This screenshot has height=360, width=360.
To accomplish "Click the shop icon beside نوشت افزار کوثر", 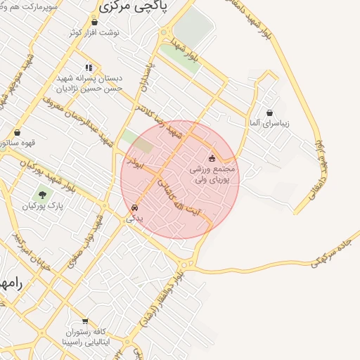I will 95,22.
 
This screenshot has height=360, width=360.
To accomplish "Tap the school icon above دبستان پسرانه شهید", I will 89,68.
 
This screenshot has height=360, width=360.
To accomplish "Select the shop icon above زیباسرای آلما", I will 269,112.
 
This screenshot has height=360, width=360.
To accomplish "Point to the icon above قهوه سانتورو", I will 17,132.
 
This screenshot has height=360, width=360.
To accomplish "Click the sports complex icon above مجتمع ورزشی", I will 212,158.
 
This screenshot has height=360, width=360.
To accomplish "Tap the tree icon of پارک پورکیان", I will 42,194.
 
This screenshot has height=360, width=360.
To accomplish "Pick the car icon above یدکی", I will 134,209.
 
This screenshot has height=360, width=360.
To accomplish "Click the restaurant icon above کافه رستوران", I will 84,320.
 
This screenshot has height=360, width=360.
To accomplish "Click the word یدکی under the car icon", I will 134,219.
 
